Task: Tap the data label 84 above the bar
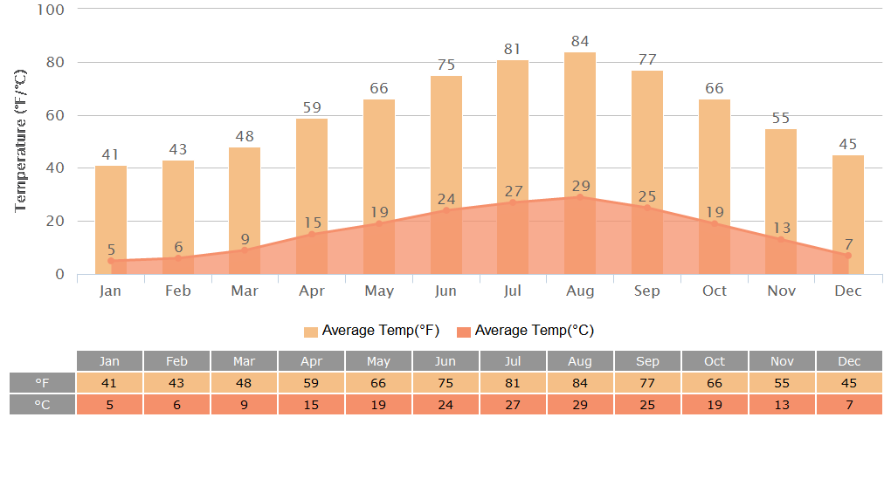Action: [x=580, y=41]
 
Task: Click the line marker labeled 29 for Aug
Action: [x=580, y=197]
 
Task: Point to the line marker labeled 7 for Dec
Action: [x=848, y=256]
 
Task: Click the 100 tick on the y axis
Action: [x=52, y=10]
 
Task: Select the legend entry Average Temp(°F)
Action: [x=371, y=331]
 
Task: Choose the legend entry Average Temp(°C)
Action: [x=525, y=331]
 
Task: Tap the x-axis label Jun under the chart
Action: [x=445, y=291]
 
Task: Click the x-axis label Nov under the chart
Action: [x=781, y=291]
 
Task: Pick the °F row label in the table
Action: [x=42, y=383]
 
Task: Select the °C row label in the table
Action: [x=42, y=405]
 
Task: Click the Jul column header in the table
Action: [x=513, y=361]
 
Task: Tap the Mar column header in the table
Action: [x=245, y=361]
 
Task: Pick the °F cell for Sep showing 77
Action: [x=647, y=383]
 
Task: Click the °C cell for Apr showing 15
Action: [x=312, y=405]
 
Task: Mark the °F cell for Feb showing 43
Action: [x=177, y=383]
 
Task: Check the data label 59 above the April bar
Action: [x=312, y=108]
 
